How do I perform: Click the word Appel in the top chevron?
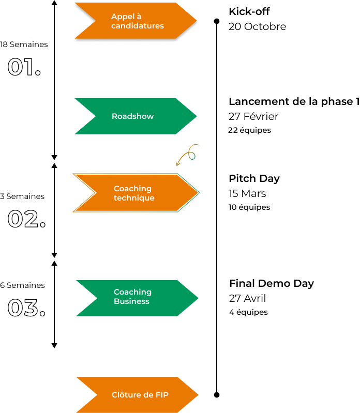coord(122,17)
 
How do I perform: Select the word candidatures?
coord(137,26)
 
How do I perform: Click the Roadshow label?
coord(132,116)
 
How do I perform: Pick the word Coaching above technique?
coord(132,189)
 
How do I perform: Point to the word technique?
coord(133,198)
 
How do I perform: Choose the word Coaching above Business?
coord(132,292)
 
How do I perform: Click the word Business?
coord(131,301)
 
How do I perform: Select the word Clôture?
coord(125,395)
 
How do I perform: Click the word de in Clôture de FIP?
coord(147,395)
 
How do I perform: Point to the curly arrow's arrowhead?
coord(177,165)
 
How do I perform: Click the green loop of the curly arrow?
coord(192,155)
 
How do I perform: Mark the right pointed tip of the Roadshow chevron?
coord(197,116)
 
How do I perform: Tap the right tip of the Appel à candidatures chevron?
coord(197,21)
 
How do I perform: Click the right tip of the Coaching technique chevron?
coord(199,193)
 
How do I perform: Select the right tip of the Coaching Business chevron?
coord(198,298)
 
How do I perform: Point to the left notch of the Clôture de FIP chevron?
coord(97,395)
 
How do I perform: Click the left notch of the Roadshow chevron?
coord(95,116)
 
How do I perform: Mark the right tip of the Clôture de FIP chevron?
coord(198,395)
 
